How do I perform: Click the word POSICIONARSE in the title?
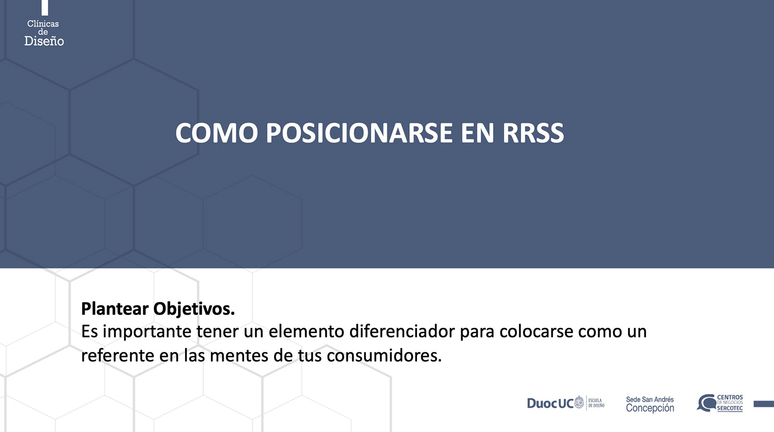359,133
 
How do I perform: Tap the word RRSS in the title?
533,133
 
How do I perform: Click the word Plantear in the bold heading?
115,309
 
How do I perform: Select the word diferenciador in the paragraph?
402,332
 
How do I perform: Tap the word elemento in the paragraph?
306,332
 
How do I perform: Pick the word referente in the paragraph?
118,356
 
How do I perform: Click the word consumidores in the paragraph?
384,356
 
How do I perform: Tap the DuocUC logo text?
550,403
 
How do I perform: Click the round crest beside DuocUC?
579,403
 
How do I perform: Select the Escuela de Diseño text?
596,403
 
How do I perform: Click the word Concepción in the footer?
650,408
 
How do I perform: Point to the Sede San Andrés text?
650,399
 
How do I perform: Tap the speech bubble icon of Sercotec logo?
706,403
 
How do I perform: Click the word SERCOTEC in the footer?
730,408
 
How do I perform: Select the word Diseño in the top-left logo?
44,41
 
